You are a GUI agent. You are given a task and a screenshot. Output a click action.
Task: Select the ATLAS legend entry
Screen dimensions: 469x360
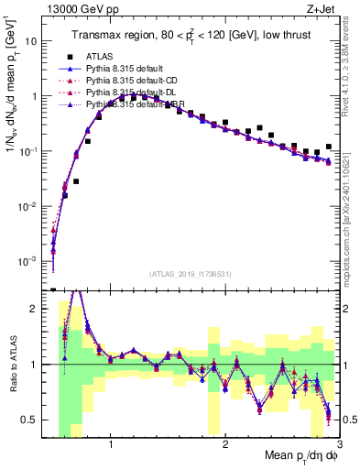point(102,56)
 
